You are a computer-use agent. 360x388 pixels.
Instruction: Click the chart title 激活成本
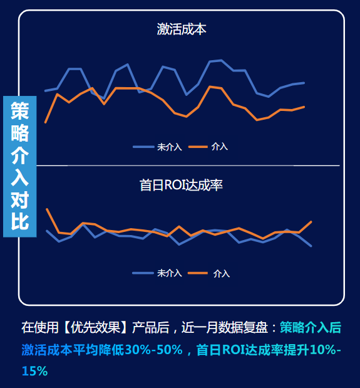[181, 29]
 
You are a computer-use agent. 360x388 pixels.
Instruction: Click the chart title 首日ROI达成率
[181, 185]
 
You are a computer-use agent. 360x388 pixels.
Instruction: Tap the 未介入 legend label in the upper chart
[169, 147]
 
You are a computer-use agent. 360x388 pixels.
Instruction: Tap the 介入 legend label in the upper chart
[220, 147]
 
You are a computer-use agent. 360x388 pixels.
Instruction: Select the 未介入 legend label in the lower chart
[169, 273]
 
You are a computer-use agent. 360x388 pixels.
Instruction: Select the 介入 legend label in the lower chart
[221, 273]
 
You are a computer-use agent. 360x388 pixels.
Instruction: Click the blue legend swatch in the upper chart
[143, 147]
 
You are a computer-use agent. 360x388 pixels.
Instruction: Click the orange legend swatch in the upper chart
[198, 147]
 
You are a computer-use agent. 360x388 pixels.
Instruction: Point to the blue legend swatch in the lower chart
[143, 273]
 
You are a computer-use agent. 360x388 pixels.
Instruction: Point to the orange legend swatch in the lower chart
[198, 273]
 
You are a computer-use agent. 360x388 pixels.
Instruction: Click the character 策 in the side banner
[19, 111]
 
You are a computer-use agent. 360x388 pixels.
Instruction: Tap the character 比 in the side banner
[19, 222]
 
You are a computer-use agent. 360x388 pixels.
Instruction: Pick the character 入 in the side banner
[19, 177]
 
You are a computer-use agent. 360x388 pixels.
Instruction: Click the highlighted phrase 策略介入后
[311, 328]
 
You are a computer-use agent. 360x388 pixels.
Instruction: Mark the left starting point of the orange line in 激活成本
[46, 122]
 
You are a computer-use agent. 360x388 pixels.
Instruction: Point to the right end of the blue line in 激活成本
[304, 83]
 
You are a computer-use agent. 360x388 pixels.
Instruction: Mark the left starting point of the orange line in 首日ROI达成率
[46, 209]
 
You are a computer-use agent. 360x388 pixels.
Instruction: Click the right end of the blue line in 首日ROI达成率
[311, 246]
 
